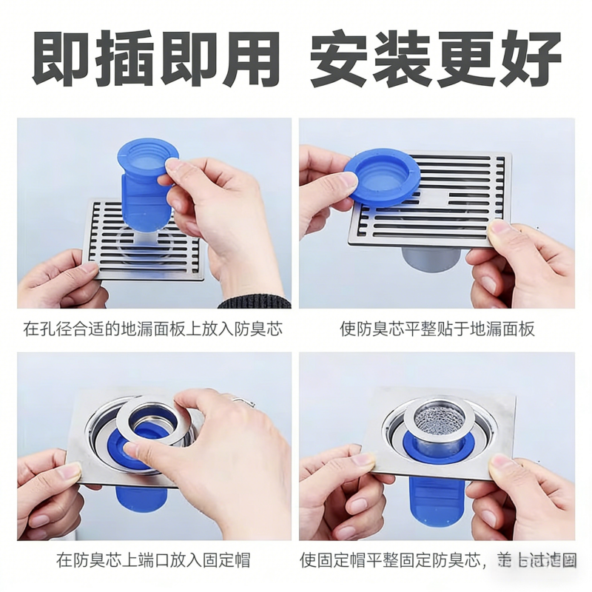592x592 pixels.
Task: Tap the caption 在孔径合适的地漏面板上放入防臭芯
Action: point(153,329)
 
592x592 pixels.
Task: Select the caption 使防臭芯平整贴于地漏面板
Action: point(437,329)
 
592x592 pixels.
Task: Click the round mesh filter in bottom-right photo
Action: point(437,417)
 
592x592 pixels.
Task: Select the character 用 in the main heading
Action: point(249,58)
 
